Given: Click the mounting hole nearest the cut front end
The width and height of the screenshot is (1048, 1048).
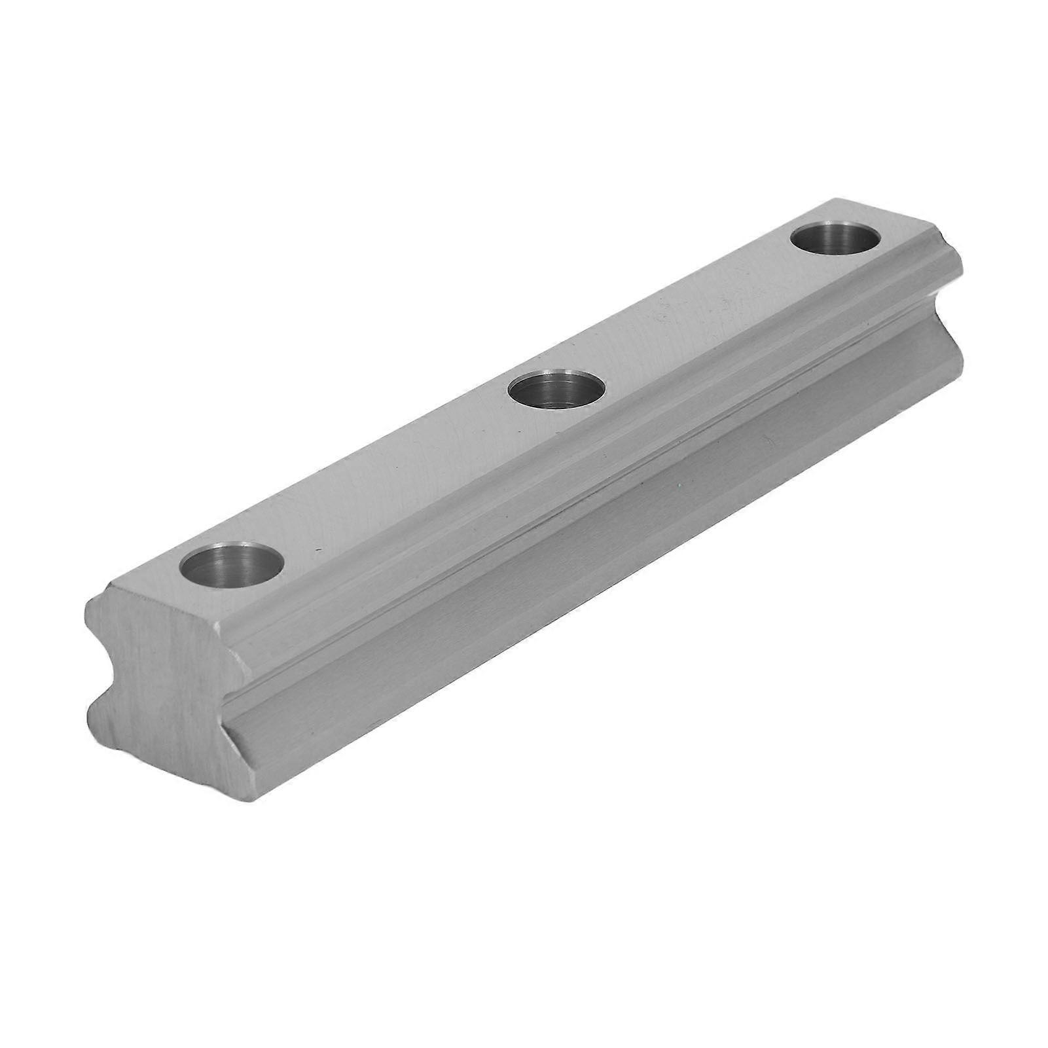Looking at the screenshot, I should coord(234,565).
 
